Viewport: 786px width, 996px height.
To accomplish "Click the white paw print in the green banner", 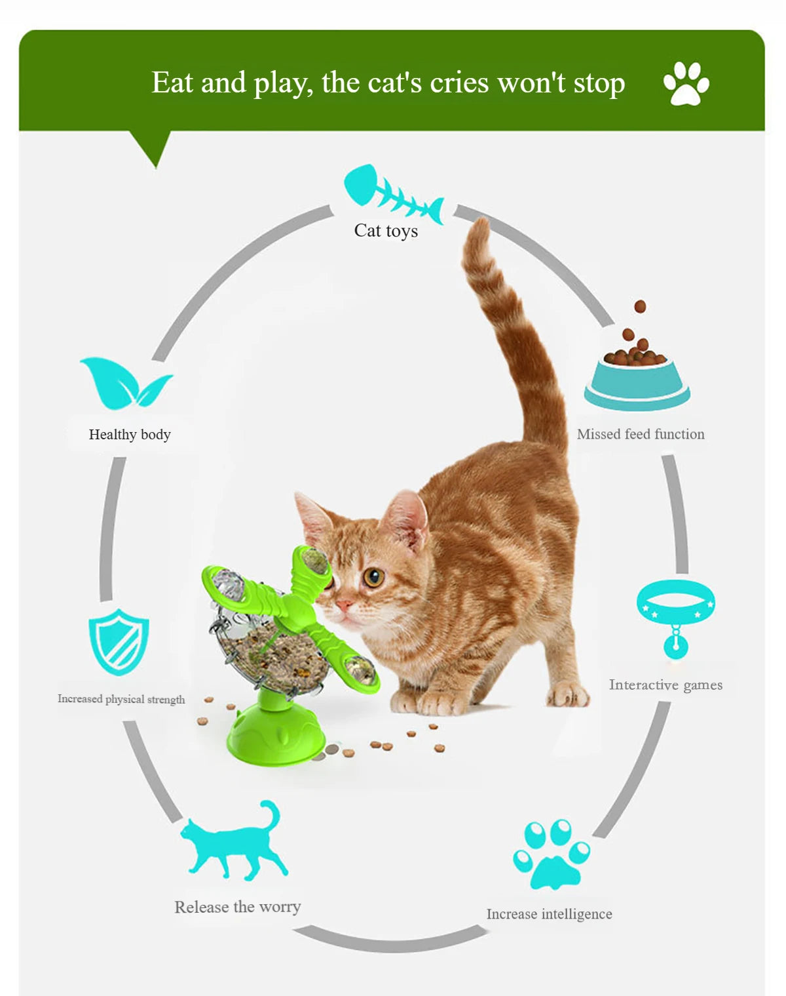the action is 686,83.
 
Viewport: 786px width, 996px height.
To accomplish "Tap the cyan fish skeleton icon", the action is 394,194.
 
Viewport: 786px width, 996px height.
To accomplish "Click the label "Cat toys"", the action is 386,231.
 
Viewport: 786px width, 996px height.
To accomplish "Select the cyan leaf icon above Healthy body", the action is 126,384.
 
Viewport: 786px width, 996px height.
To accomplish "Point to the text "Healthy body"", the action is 130,435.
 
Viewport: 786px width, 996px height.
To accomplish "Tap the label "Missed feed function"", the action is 641,434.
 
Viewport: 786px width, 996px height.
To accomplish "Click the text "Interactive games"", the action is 665,685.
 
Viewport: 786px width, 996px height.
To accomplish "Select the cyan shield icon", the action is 119,642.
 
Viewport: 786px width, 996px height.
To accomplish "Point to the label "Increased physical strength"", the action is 121,699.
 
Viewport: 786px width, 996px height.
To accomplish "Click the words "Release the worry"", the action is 238,907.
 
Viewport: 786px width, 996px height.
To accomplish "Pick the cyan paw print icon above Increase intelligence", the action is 551,854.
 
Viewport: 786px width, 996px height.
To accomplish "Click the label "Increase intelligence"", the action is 550,914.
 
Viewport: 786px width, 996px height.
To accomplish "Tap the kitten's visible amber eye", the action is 373,577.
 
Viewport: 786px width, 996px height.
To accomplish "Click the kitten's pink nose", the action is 343,605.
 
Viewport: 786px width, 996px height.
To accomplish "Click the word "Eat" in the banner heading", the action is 172,83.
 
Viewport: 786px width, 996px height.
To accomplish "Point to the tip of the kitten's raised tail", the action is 482,220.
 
